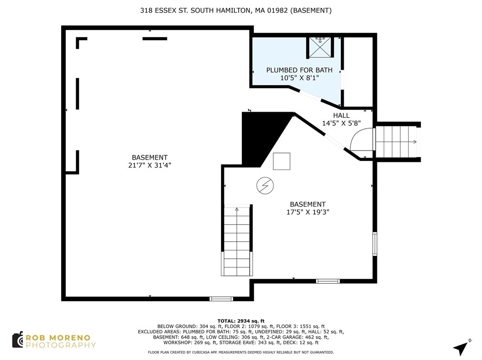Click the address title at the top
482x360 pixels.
click(236, 10)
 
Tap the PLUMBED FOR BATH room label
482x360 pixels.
click(299, 70)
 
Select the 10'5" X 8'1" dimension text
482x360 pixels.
click(299, 78)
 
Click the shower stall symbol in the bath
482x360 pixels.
click(320, 47)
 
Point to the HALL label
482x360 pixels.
click(341, 115)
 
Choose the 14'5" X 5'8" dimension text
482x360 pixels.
click(341, 123)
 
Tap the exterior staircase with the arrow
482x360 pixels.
click(396, 142)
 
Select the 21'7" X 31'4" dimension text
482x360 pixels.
click(149, 165)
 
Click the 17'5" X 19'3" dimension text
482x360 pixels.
click(308, 212)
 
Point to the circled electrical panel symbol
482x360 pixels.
click(265, 186)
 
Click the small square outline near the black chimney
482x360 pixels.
click(281, 161)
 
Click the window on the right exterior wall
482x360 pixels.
click(375, 244)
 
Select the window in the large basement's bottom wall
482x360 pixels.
click(222, 299)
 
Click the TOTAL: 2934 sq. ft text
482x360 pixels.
click(241, 321)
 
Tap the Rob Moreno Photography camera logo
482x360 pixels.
click(18, 340)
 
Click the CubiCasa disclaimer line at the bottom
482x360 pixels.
click(241, 352)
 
